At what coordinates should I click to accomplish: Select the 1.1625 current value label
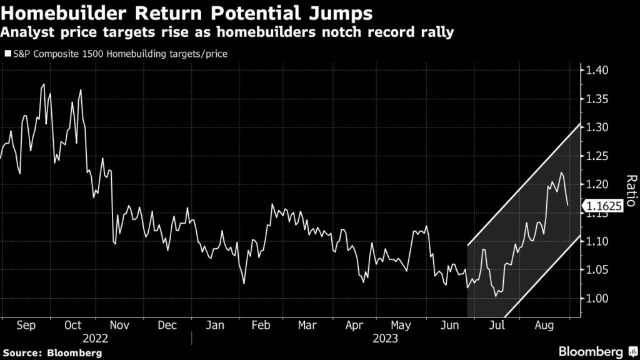point(602,206)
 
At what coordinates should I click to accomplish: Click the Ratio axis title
point(631,191)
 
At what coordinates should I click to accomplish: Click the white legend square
point(7,54)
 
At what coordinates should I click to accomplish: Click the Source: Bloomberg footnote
point(51,353)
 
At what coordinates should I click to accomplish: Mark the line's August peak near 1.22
point(561,172)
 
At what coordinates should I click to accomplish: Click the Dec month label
point(167,326)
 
